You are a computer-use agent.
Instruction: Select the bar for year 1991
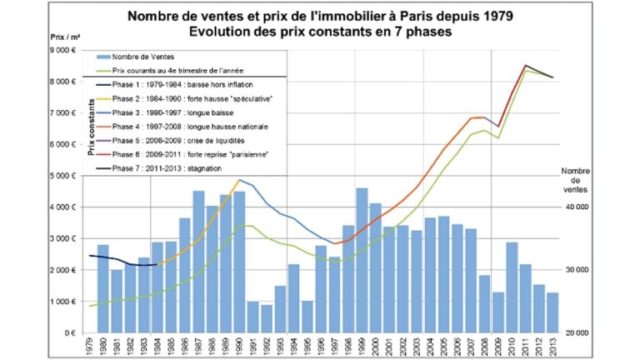252,317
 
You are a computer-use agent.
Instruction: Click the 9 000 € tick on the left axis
64,51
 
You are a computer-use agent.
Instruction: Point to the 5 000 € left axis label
64,176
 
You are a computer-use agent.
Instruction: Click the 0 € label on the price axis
72,332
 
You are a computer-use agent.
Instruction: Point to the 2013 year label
552,347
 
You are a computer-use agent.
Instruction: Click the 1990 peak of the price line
239,180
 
